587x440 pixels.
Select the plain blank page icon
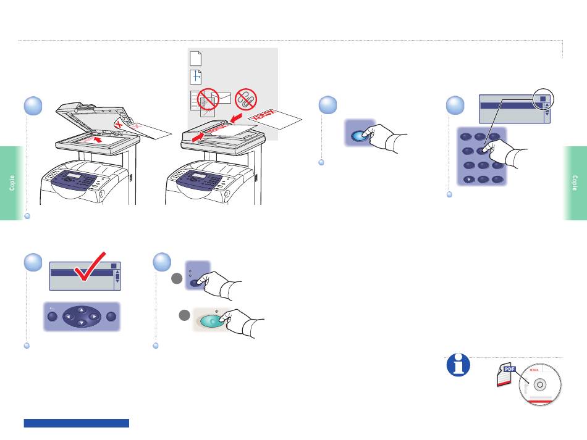pos(195,59)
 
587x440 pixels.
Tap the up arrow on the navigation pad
pos(80,309)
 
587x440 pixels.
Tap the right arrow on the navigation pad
pos(93,317)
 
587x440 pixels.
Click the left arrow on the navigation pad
pos(67,317)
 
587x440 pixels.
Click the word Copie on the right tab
pos(575,183)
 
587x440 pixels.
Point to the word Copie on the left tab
pos(12,183)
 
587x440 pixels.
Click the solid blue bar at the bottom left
pos(77,423)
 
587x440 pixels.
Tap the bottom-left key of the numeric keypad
pos(468,179)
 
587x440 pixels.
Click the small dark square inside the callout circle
pos(540,98)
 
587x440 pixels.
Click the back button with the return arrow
pos(52,317)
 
